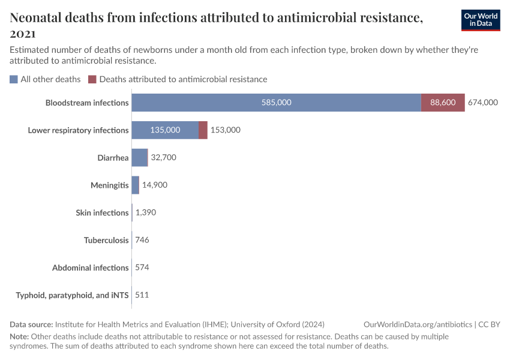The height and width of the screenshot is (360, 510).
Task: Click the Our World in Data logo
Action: coord(480,20)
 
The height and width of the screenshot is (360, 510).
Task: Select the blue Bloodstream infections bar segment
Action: coord(276,103)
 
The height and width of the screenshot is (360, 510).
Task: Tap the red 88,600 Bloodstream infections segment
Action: coord(443,103)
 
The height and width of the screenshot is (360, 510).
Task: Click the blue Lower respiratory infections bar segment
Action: coord(165,130)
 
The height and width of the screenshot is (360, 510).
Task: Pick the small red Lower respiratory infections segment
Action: coord(203,130)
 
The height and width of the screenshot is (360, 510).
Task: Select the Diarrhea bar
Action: coord(139,158)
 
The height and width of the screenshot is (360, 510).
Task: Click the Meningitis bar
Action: coord(135,185)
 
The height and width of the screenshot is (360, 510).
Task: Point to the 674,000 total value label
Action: coord(483,103)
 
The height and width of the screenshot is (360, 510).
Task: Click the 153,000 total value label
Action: coord(226,130)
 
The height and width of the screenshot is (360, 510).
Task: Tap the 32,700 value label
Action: coord(164,158)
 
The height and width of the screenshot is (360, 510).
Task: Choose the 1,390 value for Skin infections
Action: coord(146,212)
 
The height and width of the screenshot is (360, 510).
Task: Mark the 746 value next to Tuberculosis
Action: coord(142,240)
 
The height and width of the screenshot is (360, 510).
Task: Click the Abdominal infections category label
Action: coord(90,268)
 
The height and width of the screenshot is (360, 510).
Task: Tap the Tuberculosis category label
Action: coord(106,240)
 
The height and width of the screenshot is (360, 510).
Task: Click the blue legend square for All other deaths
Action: coord(14,79)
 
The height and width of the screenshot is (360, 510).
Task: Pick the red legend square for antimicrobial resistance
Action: coord(92,79)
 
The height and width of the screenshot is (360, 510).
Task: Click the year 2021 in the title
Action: coord(23,34)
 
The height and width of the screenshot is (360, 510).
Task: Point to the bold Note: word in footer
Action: coord(19,337)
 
